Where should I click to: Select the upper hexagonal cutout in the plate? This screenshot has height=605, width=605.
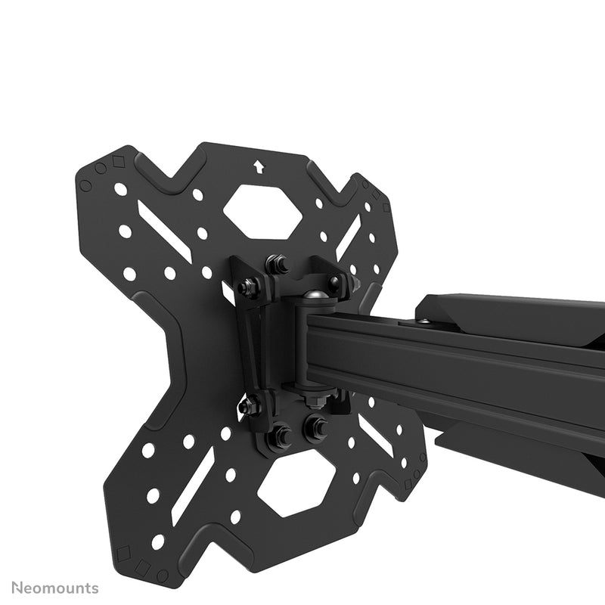pos(262,209)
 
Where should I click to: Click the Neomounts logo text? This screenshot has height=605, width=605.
pos(54,587)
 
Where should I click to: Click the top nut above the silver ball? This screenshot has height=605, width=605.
pos(278,265)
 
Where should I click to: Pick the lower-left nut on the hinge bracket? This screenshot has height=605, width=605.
pos(248,405)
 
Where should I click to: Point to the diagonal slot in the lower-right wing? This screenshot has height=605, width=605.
pos(375,435)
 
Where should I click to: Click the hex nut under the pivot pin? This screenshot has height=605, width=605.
pos(314,399)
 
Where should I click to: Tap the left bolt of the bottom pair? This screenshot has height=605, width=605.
pos(280,435)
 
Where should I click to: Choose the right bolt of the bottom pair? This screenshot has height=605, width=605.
pos(315,425)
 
